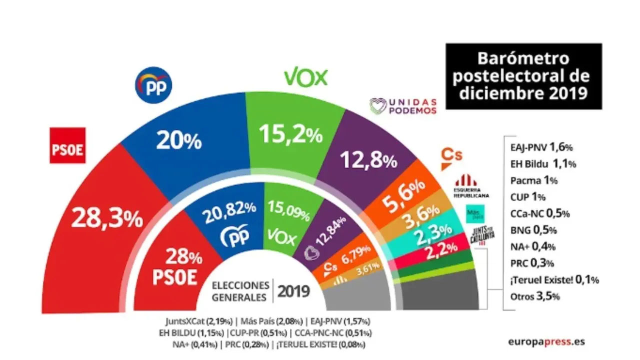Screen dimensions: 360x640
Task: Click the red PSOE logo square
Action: pos(67,145)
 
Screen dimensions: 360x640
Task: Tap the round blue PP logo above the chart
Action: pos(153,86)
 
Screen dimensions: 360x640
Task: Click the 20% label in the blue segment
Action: pos(178,141)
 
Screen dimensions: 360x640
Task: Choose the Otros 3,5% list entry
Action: pos(535,296)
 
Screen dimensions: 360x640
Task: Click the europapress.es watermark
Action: pos(546,342)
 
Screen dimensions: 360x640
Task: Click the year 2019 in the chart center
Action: pos(293,290)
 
